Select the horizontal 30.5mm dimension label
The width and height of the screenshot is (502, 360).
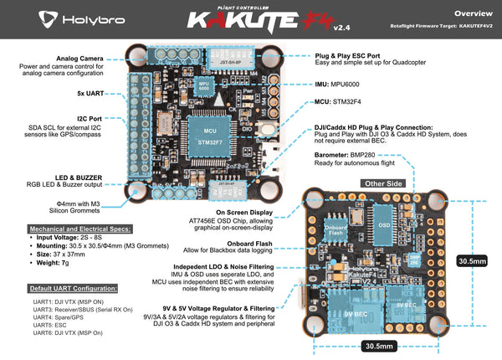377,345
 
